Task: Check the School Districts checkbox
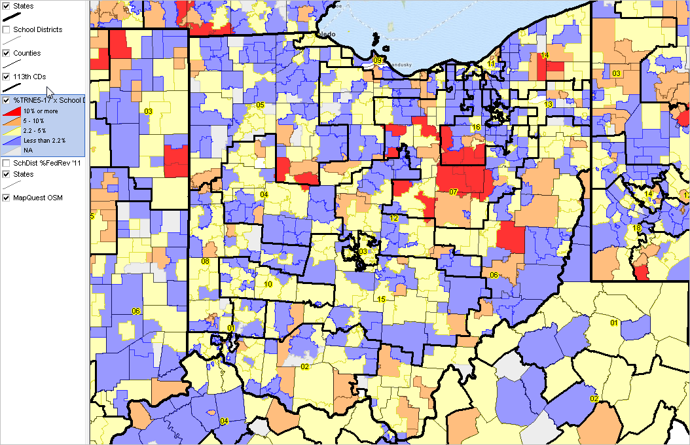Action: (6, 29)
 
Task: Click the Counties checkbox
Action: (6, 53)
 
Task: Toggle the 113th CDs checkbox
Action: (6, 77)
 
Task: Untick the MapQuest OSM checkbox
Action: (6, 198)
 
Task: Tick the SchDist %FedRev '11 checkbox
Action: (6, 162)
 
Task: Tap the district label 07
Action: (453, 192)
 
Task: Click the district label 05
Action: (260, 105)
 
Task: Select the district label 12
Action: (394, 219)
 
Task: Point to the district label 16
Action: (477, 127)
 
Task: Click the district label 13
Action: (549, 105)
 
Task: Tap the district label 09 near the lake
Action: (378, 60)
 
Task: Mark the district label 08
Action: (205, 261)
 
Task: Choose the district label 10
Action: (268, 284)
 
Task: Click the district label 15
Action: (381, 299)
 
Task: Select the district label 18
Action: (637, 228)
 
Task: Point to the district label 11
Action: (491, 64)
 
